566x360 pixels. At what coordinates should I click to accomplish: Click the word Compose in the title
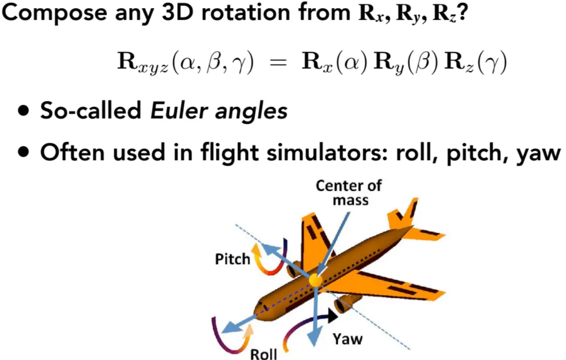(55, 13)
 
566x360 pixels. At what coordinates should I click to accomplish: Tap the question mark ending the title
(463, 12)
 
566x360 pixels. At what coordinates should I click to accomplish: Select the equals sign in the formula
(278, 63)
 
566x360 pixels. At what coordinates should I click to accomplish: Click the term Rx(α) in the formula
(334, 62)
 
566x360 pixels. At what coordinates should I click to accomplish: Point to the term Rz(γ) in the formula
(475, 63)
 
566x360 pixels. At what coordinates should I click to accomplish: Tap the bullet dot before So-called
(24, 110)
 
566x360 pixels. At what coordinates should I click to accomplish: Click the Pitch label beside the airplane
(232, 259)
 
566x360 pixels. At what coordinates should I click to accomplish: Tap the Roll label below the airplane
(263, 354)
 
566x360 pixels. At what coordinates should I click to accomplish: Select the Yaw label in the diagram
(347, 339)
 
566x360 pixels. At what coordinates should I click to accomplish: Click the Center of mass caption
(349, 193)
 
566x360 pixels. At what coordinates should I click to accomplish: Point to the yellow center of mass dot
(315, 280)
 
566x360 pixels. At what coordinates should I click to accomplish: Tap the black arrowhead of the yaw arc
(332, 315)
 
